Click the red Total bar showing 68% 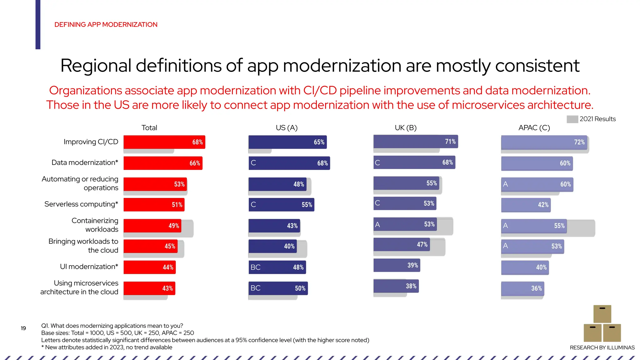[x=164, y=142]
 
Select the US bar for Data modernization [x=289, y=163]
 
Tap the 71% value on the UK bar [x=450, y=142]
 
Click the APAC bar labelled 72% [x=544, y=142]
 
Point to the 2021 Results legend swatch [x=572, y=119]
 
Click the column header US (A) [x=287, y=128]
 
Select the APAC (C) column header [x=534, y=128]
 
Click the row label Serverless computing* [x=81, y=204]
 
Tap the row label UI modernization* [x=89, y=267]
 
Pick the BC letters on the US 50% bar [x=255, y=288]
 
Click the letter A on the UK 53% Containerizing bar [x=377, y=225]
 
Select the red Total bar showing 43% [x=149, y=288]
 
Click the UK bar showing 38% [x=396, y=286]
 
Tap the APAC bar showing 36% [x=522, y=288]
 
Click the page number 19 [x=23, y=328]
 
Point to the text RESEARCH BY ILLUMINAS [x=602, y=347]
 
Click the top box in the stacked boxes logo [x=602, y=314]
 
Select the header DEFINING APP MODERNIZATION [x=106, y=25]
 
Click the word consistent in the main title [x=537, y=66]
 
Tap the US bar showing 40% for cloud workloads [x=272, y=246]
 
